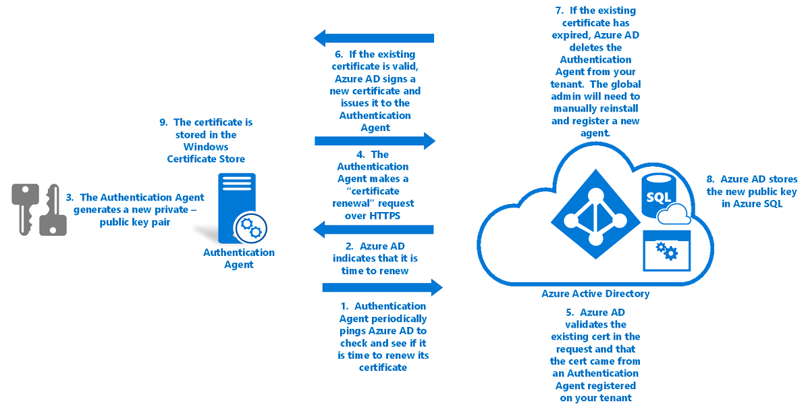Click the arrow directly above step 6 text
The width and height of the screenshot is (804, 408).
374,38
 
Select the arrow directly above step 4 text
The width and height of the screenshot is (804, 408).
375,141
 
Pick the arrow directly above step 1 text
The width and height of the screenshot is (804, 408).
382,288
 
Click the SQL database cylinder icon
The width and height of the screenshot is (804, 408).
659,197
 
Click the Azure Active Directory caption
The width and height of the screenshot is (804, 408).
595,294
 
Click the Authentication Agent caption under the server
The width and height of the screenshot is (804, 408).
239,258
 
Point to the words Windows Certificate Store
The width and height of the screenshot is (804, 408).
206,153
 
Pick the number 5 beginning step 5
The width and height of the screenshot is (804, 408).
570,312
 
